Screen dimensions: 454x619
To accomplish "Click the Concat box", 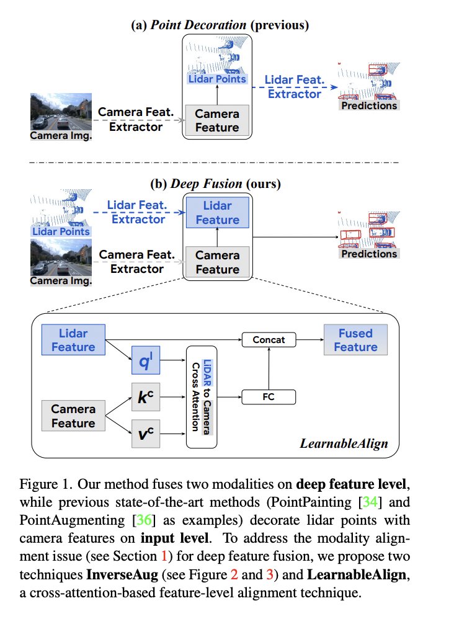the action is point(269,340).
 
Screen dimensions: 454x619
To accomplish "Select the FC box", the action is point(269,397).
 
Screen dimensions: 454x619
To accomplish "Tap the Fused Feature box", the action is point(355,340).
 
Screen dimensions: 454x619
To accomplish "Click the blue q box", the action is point(146,360).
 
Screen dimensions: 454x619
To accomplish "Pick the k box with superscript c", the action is point(146,397).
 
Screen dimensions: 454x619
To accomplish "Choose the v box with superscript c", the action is point(146,434).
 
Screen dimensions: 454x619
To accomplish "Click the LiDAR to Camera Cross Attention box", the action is point(202,397).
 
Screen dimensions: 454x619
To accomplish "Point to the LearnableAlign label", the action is point(344,443).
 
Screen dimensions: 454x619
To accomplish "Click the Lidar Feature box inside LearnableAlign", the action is point(73,340).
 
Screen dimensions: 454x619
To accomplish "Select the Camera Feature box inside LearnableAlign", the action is point(73,416).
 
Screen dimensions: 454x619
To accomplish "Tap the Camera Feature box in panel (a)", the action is point(217,120).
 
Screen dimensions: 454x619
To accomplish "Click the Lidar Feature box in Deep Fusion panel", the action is point(218,213).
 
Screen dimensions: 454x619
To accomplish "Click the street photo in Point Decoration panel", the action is point(61,112).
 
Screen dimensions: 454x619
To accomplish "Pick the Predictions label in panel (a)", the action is point(369,105).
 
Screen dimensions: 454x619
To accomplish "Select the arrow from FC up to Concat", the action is point(269,368).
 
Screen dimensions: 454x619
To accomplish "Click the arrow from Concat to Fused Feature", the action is point(310,339).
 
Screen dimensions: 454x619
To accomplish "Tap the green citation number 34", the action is point(370,502).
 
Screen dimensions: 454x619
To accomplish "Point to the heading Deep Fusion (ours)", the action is point(216,184).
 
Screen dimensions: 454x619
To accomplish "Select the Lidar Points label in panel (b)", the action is point(61,231).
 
